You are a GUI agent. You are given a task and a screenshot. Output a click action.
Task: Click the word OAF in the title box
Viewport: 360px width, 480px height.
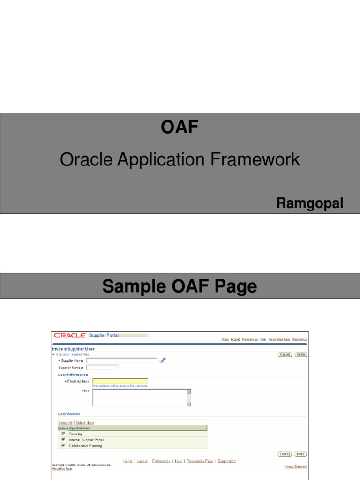click(x=180, y=127)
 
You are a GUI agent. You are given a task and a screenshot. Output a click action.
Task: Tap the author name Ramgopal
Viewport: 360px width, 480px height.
click(x=309, y=203)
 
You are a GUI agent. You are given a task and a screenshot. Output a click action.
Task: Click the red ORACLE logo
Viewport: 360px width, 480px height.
click(x=70, y=335)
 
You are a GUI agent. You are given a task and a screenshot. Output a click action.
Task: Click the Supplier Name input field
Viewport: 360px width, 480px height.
click(x=122, y=360)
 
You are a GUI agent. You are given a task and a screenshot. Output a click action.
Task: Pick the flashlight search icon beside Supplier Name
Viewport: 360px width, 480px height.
click(x=163, y=360)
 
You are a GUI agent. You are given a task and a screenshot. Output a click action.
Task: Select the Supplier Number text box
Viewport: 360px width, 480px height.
click(x=102, y=367)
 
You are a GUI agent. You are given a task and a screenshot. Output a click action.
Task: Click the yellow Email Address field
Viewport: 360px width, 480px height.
click(x=120, y=381)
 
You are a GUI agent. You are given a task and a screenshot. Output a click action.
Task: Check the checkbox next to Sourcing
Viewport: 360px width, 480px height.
click(x=63, y=434)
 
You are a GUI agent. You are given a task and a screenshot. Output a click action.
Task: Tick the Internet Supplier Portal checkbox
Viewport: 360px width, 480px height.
click(x=63, y=440)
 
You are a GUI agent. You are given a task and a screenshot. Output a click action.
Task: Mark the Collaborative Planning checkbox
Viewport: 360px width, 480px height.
click(x=63, y=446)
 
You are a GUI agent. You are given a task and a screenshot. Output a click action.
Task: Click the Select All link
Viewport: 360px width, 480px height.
click(x=65, y=423)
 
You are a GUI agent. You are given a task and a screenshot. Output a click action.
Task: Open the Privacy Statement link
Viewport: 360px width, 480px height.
click(x=295, y=467)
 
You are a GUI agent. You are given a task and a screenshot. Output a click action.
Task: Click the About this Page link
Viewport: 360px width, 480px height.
click(x=62, y=469)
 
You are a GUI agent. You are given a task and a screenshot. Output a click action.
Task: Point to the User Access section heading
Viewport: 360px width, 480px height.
click(x=69, y=414)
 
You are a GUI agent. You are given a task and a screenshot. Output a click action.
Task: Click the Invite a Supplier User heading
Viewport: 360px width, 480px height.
click(x=73, y=349)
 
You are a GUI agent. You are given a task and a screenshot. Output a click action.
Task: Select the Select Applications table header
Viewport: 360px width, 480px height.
click(x=74, y=428)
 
